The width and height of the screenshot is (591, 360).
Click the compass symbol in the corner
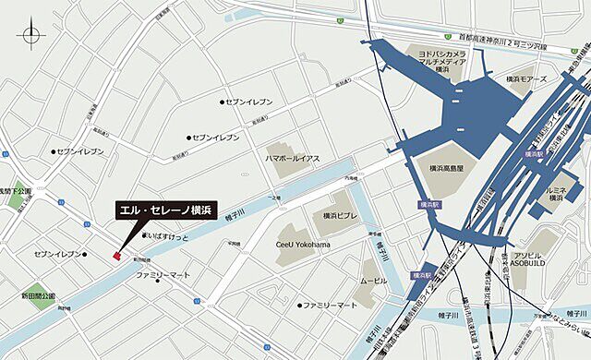(31, 36)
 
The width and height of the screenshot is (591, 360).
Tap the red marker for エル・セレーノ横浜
(117, 256)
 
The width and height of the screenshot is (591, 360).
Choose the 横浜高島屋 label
(452, 168)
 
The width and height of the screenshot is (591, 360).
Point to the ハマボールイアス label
(293, 158)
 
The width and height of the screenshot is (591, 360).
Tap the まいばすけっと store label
(168, 236)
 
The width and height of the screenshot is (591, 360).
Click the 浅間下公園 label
(16, 191)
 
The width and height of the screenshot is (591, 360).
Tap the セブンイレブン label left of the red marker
(59, 253)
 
